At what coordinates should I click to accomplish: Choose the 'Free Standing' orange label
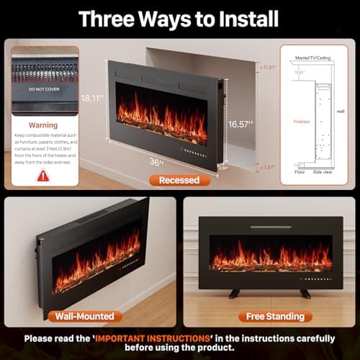point(267,316)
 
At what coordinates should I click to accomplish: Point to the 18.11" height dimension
point(93,97)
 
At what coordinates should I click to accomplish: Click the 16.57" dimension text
point(241,124)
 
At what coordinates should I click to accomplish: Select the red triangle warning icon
point(43,175)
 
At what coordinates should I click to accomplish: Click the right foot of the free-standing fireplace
point(307,294)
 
